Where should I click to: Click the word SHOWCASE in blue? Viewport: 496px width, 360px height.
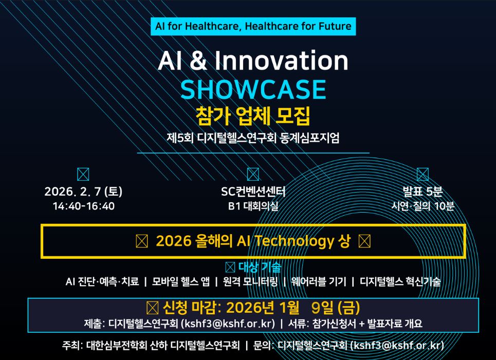pos(253,89)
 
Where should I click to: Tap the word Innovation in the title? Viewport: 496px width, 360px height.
pos(282,61)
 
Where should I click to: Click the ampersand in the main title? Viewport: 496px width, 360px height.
pos(198,61)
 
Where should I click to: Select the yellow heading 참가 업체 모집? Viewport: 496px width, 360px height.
pos(253,116)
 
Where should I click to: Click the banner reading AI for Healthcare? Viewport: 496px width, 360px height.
pos(253,26)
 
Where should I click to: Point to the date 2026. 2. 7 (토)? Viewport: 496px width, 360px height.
pos(83,192)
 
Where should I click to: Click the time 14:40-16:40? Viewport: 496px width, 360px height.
pos(83,206)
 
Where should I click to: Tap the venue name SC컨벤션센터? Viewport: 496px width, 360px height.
pos(253,192)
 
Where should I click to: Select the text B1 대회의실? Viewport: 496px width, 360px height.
pos(253,206)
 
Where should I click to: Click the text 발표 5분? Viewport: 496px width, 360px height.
pos(422,192)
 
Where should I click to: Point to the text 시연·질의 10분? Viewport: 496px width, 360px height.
pos(422,206)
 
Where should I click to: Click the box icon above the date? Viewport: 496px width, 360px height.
pos(83,174)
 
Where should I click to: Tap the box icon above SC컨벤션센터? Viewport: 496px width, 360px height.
pos(253,174)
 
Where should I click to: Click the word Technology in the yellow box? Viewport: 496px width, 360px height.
pos(294,241)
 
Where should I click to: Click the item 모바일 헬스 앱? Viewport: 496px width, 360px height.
pos(180,281)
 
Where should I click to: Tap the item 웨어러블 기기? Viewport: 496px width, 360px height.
pos(319,281)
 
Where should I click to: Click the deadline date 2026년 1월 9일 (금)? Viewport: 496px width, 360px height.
pos(293,308)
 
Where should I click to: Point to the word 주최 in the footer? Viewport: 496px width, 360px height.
pos(71,345)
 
